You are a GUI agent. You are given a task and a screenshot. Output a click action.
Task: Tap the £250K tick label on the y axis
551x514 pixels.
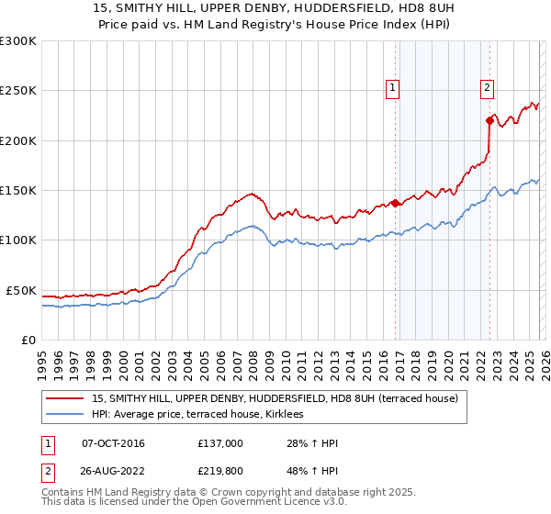(18, 91)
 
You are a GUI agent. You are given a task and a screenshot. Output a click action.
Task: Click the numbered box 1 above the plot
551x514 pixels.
(392, 88)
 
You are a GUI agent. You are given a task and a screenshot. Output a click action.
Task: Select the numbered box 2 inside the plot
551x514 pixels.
(486, 88)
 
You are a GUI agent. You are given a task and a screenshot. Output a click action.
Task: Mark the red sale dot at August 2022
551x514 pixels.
(489, 119)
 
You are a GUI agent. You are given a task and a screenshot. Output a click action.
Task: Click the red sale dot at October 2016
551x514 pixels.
(395, 203)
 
